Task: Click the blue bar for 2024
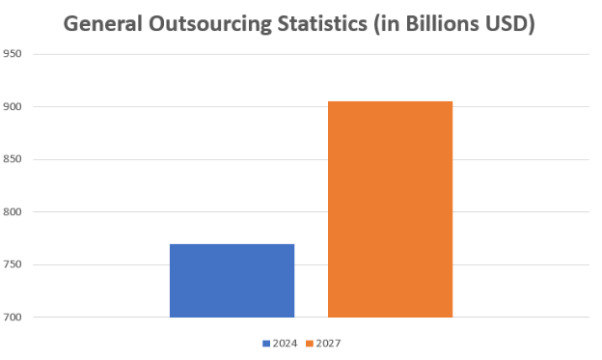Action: point(232,281)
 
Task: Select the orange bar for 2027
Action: point(390,209)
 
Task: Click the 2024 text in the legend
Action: point(285,343)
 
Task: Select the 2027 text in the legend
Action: point(328,343)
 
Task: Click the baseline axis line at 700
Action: point(96,318)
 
